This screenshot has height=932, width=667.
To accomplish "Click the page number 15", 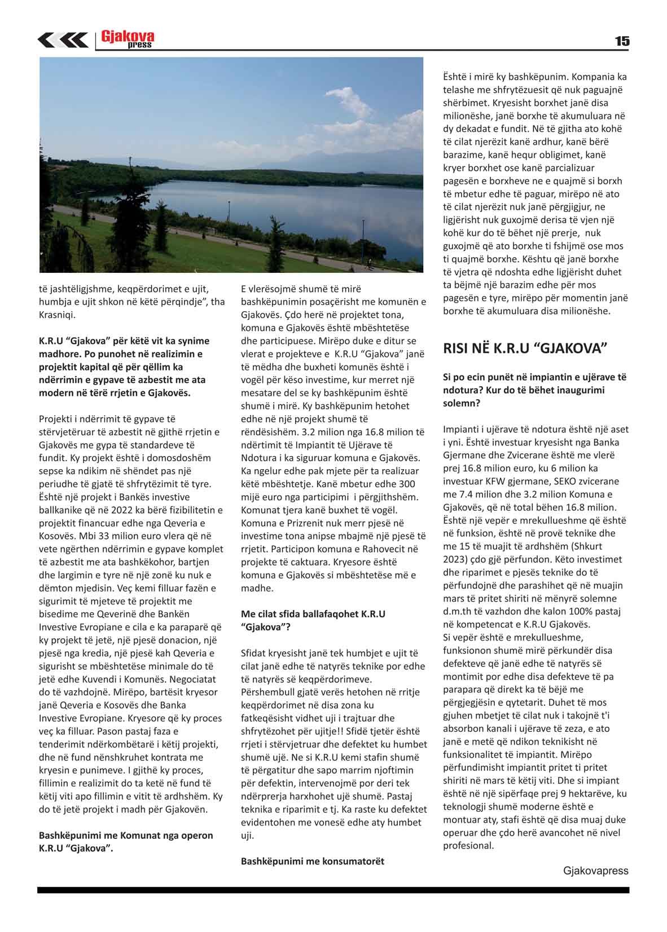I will (x=622, y=41).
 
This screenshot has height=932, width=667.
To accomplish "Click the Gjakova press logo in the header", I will (x=127, y=39).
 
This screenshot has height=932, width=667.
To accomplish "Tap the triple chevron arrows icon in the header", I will (x=62, y=40).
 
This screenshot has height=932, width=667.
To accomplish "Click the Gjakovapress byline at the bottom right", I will (x=595, y=871).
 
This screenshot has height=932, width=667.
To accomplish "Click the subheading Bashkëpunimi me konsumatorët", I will (x=313, y=861).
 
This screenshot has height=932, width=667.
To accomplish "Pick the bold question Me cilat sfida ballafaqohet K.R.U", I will (x=313, y=613).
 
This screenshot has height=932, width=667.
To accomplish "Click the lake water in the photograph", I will (x=282, y=209).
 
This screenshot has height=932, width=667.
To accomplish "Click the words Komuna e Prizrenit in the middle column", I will (x=279, y=523).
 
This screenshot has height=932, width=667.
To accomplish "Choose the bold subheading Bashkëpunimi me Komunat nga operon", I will (x=126, y=835).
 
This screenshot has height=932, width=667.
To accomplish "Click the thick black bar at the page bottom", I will (x=333, y=890).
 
